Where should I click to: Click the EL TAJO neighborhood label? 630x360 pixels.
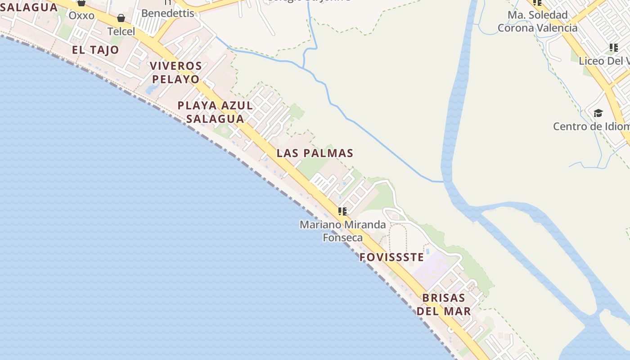[x=95, y=50]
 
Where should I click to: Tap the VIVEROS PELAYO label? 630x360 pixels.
[x=175, y=72]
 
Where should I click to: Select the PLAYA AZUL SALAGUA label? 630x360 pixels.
[x=215, y=112]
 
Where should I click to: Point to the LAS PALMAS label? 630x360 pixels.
[x=315, y=153]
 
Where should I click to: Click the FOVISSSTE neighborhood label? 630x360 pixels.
[x=391, y=257]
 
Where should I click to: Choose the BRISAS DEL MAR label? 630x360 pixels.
[x=444, y=304]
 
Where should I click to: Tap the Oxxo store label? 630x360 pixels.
[x=81, y=16]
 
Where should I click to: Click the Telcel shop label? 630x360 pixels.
[x=121, y=31]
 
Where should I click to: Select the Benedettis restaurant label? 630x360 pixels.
[x=167, y=13]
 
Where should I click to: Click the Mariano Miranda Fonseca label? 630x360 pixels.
[x=343, y=230]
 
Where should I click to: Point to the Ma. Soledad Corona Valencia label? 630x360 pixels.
[x=537, y=22]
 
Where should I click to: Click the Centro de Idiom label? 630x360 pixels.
[x=591, y=126]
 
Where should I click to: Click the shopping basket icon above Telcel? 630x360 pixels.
[x=121, y=18]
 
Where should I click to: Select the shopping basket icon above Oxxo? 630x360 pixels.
[x=81, y=3]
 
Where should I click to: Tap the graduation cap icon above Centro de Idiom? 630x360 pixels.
[x=598, y=113]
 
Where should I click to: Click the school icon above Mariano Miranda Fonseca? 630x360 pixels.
[x=342, y=211]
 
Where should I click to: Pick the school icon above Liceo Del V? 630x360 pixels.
[x=613, y=47]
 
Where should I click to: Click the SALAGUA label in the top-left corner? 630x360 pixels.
[x=29, y=7]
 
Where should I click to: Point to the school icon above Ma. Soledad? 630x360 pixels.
[x=537, y=2]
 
